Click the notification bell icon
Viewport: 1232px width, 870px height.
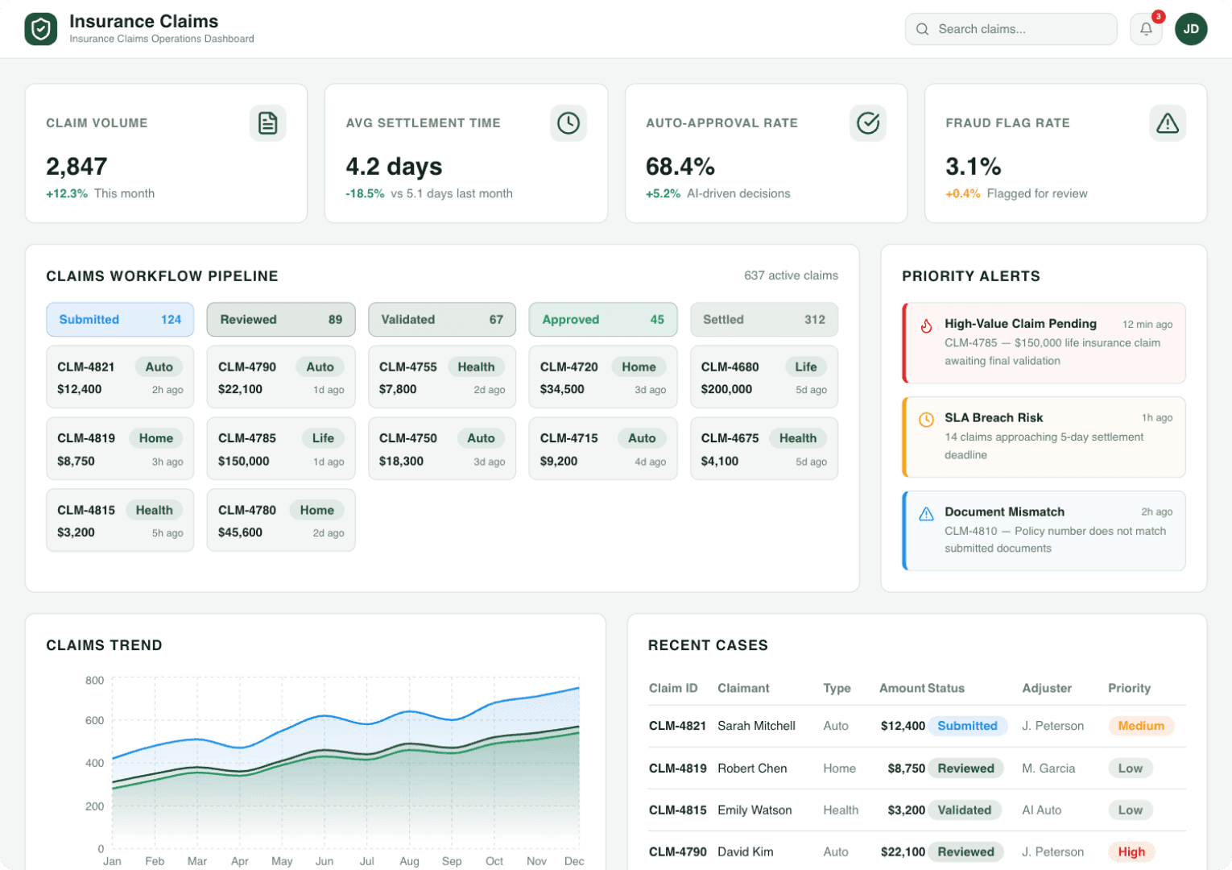1146,29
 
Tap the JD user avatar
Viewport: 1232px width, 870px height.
1191,29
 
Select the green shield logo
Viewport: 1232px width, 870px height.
41,29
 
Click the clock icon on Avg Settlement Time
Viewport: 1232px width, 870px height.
568,123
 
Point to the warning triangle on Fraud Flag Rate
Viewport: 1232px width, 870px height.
1167,123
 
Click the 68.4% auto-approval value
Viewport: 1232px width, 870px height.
680,167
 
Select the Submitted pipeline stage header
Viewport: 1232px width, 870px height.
120,320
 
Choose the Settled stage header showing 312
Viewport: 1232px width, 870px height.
763,320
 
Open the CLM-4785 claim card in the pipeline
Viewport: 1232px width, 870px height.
281,449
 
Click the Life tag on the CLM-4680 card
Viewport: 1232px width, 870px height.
805,367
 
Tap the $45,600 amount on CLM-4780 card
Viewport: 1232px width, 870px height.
241,532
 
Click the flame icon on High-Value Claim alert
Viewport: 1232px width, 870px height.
926,325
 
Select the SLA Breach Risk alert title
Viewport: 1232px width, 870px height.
994,417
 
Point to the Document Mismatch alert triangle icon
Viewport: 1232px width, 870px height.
926,513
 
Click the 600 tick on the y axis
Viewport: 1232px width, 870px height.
95,720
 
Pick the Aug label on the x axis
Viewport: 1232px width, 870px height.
409,861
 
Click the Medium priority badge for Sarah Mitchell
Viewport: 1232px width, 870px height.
1140,726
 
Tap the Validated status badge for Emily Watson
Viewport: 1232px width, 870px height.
964,810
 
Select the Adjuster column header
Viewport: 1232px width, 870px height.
1046,688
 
